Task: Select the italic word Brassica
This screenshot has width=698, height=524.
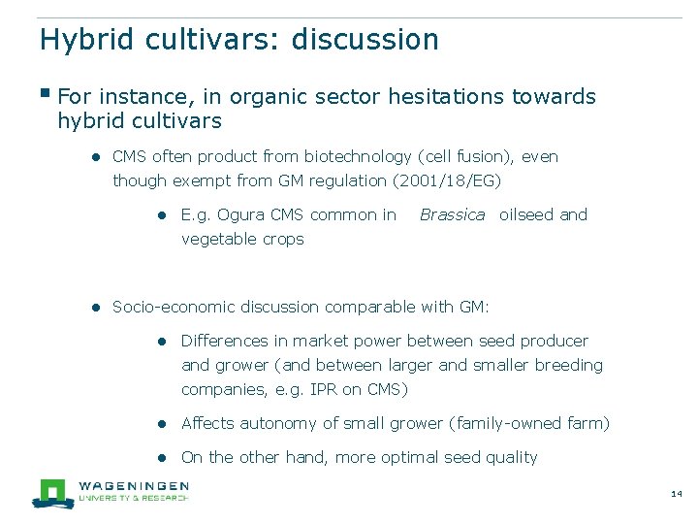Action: click(452, 214)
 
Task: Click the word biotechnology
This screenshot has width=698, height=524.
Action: click(358, 156)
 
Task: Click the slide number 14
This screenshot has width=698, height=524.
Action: click(677, 495)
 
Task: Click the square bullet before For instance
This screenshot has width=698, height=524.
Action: click(45, 94)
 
